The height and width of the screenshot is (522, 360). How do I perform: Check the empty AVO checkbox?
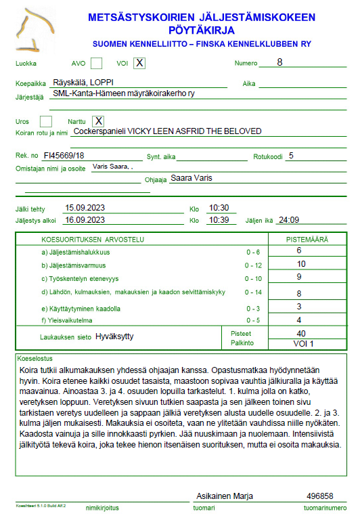(97, 64)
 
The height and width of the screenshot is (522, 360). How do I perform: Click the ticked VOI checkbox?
(139, 64)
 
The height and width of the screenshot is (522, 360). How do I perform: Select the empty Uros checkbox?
(46, 121)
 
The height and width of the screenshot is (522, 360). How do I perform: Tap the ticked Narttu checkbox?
(98, 121)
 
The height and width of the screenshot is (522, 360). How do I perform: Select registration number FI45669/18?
(64, 156)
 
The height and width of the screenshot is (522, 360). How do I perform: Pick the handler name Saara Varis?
(192, 178)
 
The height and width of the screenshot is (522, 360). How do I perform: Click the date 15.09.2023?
(85, 208)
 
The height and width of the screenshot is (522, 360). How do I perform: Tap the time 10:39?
(219, 220)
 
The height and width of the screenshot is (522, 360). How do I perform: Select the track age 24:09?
(289, 220)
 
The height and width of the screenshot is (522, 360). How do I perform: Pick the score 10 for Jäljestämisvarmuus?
(301, 264)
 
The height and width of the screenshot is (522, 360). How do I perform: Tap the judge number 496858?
(320, 496)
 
